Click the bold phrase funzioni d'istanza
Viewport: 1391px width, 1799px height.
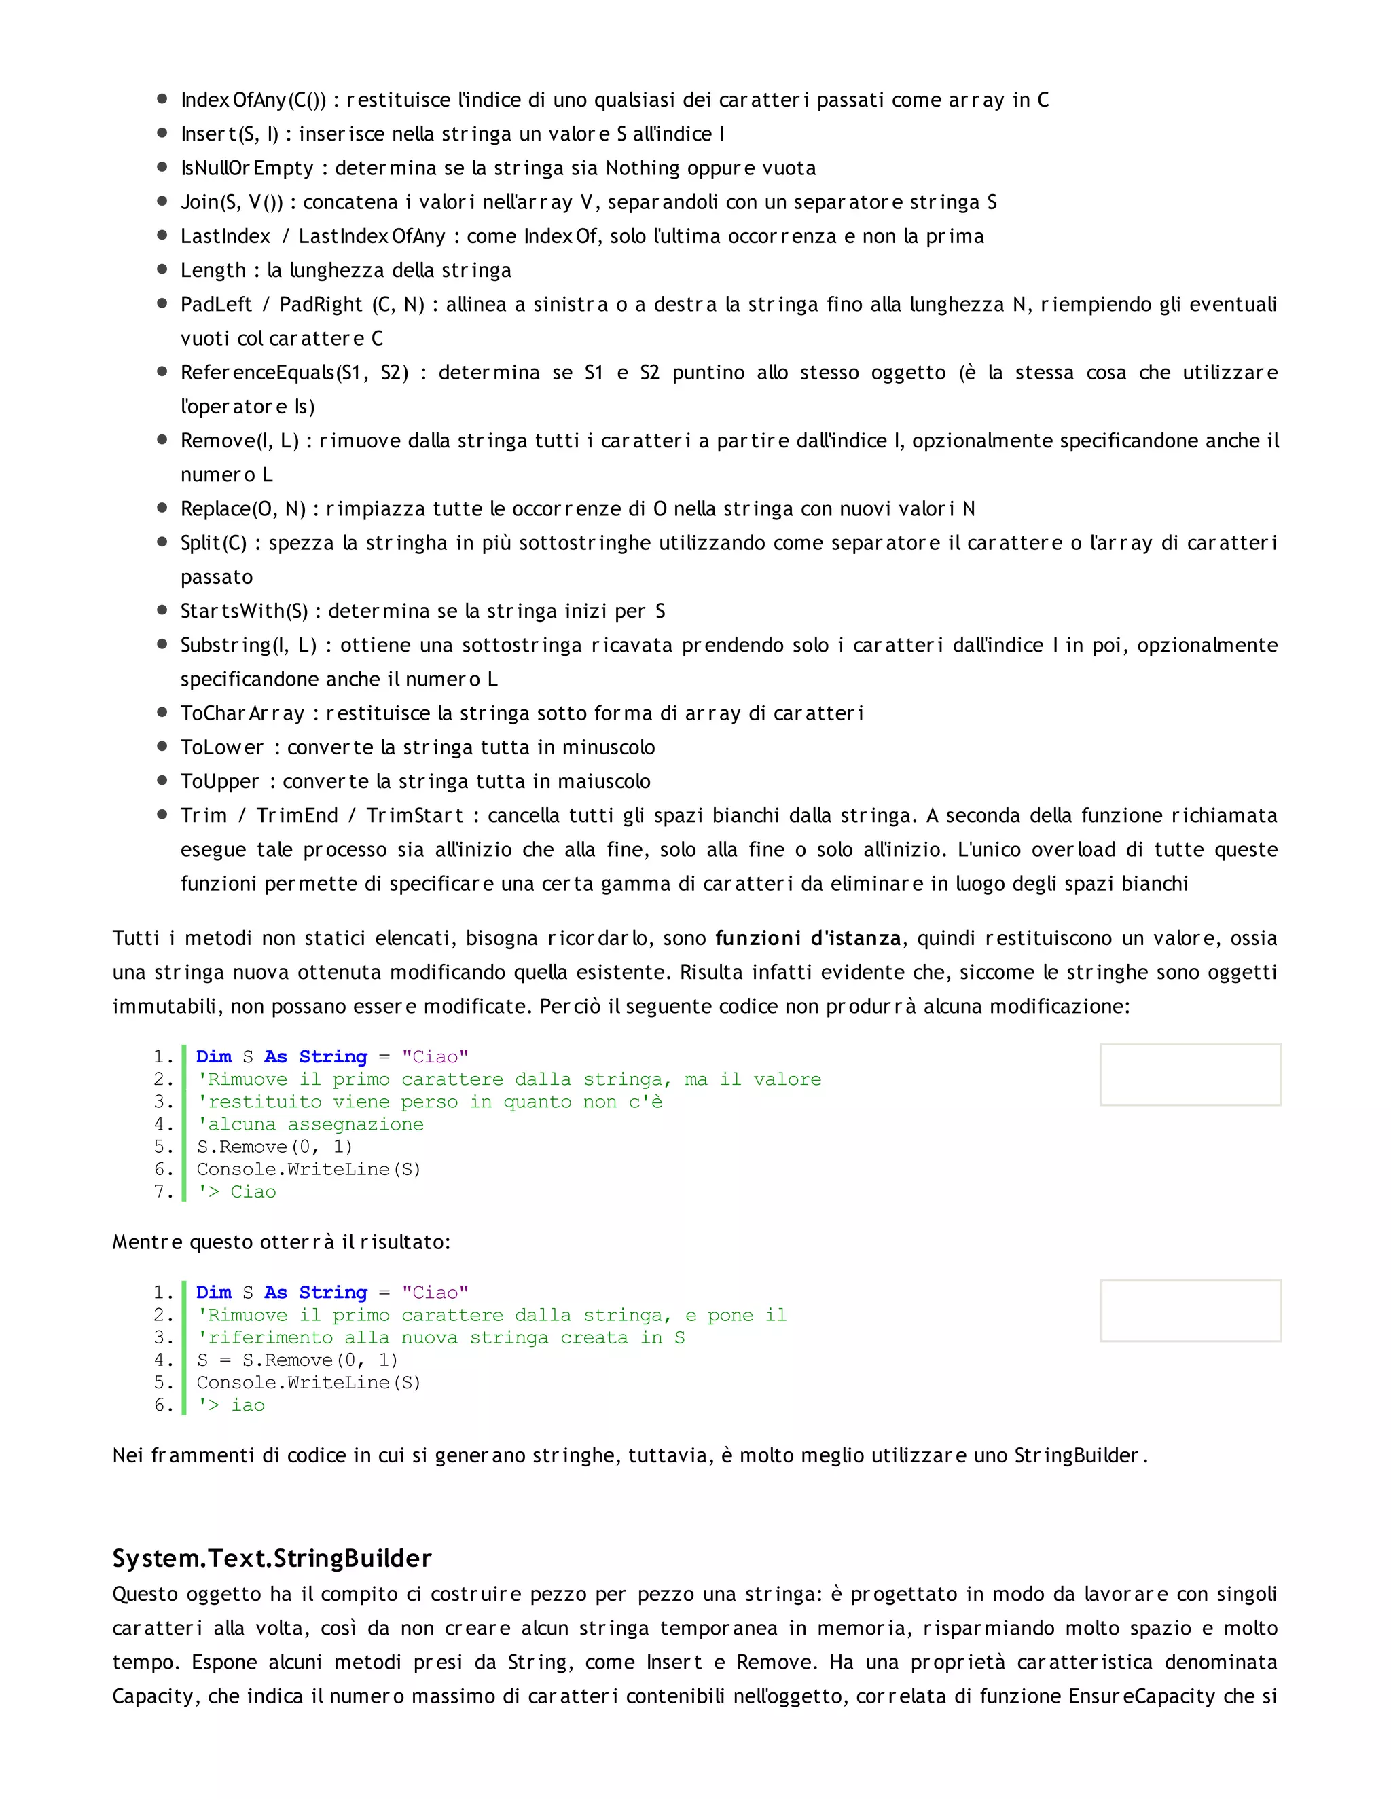(807, 938)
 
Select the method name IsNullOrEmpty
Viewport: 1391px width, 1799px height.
(247, 168)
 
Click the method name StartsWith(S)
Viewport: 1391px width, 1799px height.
(245, 611)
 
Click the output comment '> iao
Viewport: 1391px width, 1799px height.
(232, 1405)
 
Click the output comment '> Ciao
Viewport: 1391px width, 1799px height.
(237, 1192)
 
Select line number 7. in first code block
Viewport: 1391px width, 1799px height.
(163, 1192)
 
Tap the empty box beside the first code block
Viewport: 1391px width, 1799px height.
(1190, 1074)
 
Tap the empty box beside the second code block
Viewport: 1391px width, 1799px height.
(1190, 1310)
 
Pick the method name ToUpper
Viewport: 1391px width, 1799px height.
(220, 781)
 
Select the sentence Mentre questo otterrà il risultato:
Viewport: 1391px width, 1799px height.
(281, 1242)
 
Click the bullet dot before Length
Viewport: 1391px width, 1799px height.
(162, 270)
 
